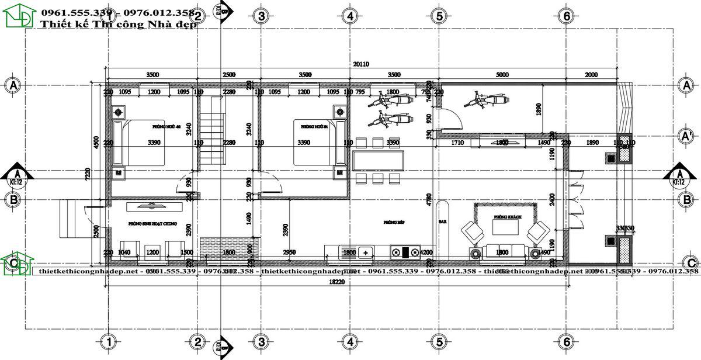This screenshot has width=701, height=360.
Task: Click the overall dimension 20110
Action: coord(361,64)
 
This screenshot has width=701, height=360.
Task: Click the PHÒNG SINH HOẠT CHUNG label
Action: coord(152,224)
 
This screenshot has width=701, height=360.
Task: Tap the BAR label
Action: coord(442,222)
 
